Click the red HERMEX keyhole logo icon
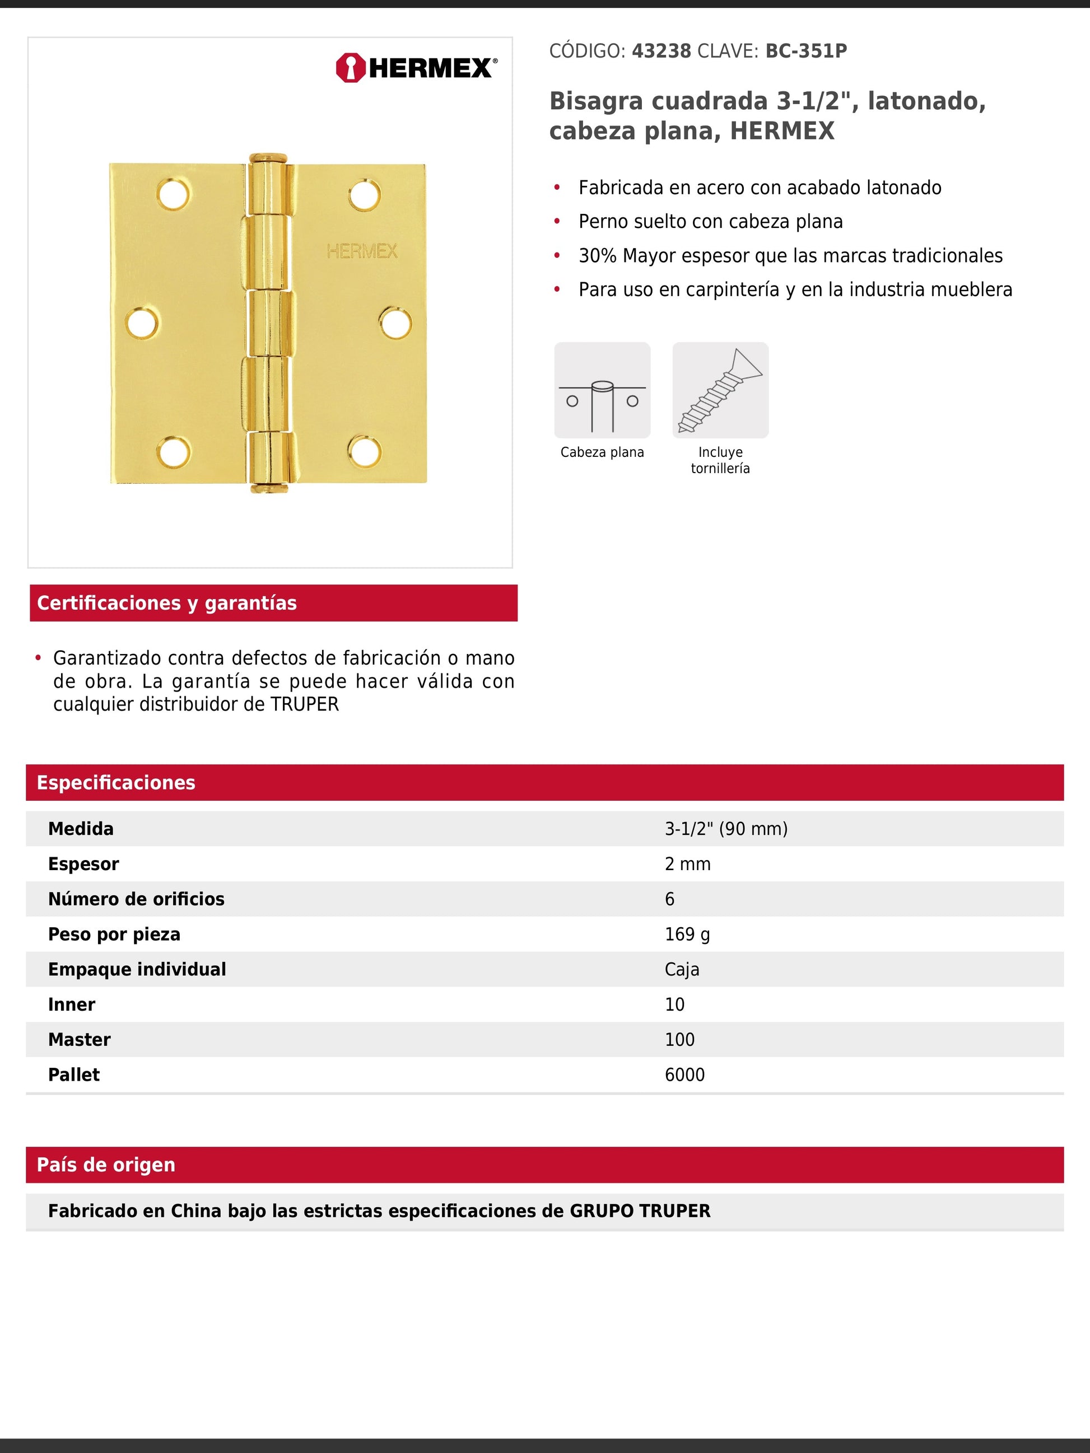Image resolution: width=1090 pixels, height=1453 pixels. [350, 68]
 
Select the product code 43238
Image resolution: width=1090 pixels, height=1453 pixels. [661, 52]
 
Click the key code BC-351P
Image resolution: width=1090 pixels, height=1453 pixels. [805, 52]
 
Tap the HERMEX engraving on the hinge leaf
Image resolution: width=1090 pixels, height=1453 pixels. [362, 251]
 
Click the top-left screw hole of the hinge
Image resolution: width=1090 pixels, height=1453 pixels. [174, 194]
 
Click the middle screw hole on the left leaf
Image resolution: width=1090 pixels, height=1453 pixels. [142, 323]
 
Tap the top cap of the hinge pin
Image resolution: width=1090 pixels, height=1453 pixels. [268, 158]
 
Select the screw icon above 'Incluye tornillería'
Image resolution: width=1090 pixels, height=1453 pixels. [720, 390]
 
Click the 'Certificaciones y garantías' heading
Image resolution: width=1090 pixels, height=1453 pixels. [167, 603]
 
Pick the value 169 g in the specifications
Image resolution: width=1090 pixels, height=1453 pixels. [687, 934]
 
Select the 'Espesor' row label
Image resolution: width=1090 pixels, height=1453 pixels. [83, 864]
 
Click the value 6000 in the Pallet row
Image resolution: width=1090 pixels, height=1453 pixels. [684, 1074]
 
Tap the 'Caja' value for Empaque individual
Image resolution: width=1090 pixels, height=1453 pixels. [682, 970]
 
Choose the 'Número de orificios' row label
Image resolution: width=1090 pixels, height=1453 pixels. [136, 899]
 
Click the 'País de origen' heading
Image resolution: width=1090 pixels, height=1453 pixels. [106, 1165]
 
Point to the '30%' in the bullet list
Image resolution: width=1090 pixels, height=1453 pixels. [597, 255]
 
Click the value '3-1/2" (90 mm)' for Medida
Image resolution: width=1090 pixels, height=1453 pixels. [726, 829]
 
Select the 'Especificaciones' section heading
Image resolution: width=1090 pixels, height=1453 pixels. [115, 782]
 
